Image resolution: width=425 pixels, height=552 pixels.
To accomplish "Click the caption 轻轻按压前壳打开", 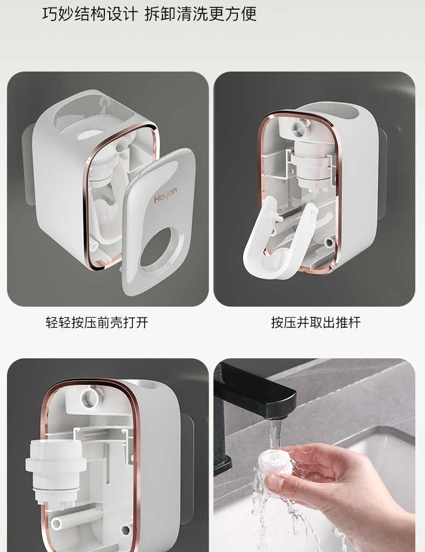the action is point(97,322).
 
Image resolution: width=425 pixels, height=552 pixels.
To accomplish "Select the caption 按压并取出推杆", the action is point(316,322).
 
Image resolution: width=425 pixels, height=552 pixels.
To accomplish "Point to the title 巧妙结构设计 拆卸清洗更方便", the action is point(150,14).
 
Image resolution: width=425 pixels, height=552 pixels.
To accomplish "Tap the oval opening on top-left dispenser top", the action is point(94,119).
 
